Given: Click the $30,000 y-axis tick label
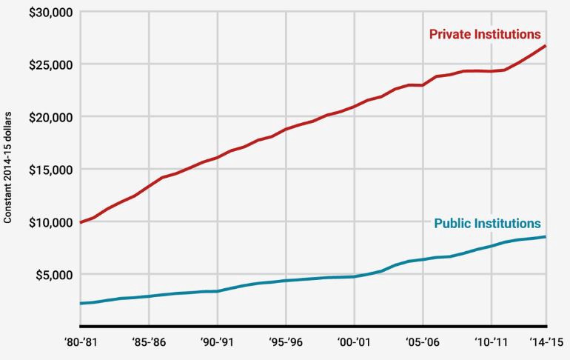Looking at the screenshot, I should (47, 13).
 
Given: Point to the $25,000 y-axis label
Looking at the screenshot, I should (47, 64).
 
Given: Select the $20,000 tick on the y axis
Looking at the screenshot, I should (47, 117).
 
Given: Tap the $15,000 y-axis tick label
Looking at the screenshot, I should (47, 170).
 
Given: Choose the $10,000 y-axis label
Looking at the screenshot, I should (47, 222).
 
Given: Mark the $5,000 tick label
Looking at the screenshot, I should (51, 275).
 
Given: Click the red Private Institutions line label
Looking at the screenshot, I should (485, 34).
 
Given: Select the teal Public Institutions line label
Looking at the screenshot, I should (487, 224).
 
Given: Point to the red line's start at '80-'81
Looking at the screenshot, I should (80, 221).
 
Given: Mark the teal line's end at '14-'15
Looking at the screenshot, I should (546, 237).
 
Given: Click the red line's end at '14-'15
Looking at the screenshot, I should (546, 46).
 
